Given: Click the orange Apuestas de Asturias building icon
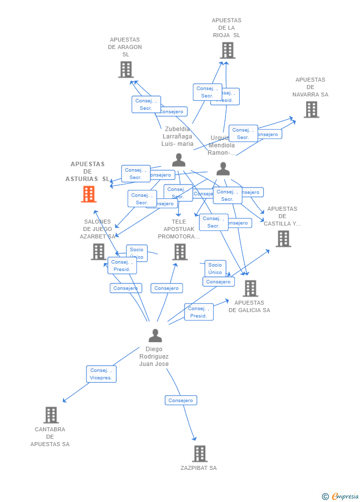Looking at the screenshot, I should click(89, 194).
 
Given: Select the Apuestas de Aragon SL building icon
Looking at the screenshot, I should click(126, 70).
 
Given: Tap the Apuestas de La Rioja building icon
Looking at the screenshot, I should click(227, 50).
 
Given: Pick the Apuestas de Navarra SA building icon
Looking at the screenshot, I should click(311, 109).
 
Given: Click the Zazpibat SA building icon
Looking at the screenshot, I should click(199, 454).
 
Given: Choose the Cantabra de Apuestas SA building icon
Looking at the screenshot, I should click(51, 415).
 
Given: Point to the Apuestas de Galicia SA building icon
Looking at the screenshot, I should click(250, 288).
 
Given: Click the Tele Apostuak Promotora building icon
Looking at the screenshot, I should click(180, 252).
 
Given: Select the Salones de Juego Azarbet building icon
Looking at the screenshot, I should click(98, 252).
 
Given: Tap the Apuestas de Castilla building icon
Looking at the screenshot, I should click(283, 239).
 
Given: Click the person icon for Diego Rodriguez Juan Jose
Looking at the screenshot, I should click(155, 336).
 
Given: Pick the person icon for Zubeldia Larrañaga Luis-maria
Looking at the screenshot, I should click(179, 160).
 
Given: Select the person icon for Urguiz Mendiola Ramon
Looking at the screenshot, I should click(223, 169).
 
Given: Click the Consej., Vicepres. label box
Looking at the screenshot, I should click(101, 374).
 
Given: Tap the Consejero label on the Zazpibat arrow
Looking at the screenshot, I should click(181, 400).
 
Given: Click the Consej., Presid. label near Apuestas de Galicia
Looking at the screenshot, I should click(199, 312).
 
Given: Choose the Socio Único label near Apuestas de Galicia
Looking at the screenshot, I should click(215, 269).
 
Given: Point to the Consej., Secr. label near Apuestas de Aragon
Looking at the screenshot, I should click(146, 104).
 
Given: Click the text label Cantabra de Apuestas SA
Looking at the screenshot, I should click(50, 437).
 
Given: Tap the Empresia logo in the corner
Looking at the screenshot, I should click(341, 496).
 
